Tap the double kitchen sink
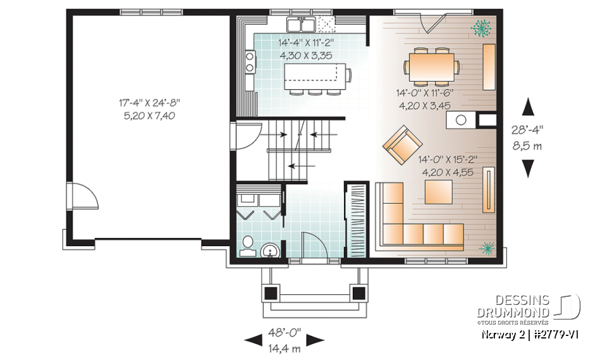[301, 25]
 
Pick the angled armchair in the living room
[398, 144]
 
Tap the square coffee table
[438, 192]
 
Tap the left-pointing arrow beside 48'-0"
[253, 340]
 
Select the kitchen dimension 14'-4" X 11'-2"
[305, 44]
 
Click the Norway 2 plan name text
[503, 333]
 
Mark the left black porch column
[271, 293]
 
